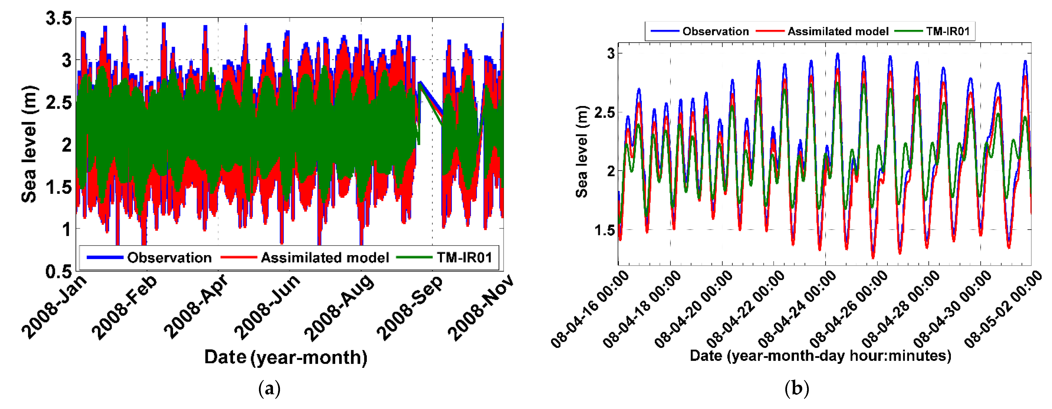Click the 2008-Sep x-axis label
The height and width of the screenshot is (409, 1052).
(410, 307)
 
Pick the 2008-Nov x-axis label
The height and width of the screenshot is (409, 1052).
(481, 307)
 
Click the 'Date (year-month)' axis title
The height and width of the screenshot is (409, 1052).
(286, 357)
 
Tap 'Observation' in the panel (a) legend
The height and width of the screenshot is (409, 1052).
(169, 258)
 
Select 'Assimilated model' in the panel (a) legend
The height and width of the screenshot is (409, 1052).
(325, 258)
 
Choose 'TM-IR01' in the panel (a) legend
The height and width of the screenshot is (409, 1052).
(464, 258)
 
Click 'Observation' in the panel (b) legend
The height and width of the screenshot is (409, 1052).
(715, 31)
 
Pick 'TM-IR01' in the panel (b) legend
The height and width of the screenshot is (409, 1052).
(947, 31)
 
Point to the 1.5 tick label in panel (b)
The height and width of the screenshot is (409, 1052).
(605, 230)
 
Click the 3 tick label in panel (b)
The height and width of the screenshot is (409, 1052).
(611, 53)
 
